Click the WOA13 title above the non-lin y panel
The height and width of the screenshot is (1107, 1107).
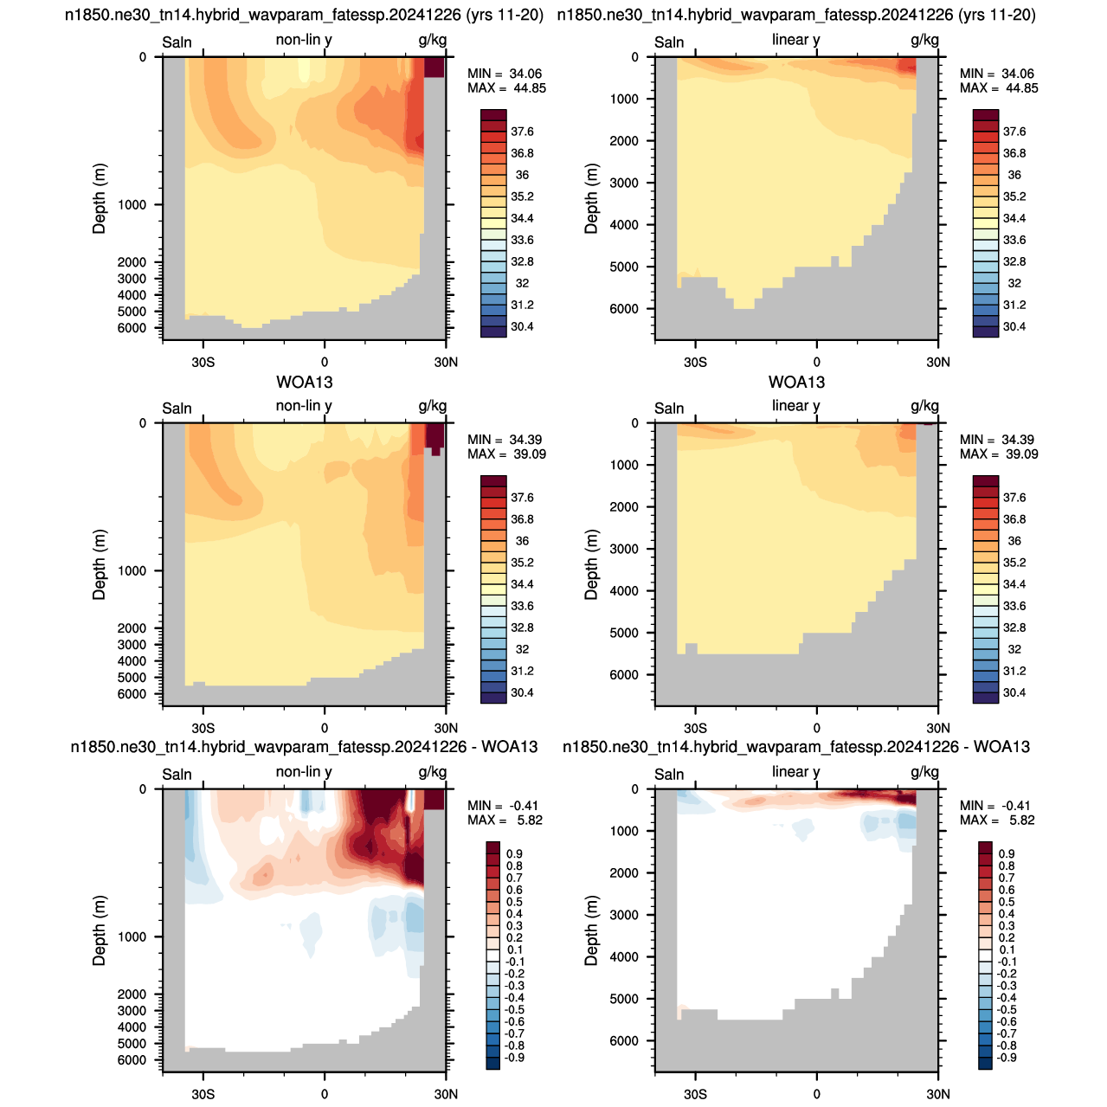coord(304,382)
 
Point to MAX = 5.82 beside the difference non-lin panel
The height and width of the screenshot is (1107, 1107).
coord(505,821)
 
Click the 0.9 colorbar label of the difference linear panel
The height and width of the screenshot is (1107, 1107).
coord(1007,853)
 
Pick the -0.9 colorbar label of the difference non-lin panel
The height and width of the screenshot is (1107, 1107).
coord(514,1058)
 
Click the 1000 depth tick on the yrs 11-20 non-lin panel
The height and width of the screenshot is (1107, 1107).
coord(132,205)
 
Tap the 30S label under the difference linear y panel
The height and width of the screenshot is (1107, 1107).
coord(695,1094)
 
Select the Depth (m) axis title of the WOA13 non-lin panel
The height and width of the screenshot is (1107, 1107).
coord(99,564)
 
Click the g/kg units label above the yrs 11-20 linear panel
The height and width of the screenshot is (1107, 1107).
coord(924,40)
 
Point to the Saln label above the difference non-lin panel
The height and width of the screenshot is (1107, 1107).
coord(177,775)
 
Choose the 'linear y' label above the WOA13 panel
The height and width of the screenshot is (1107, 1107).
coord(795,406)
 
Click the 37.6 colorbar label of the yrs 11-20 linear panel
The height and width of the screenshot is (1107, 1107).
coord(1014,132)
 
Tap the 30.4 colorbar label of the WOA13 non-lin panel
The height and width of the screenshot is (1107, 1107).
coord(522,692)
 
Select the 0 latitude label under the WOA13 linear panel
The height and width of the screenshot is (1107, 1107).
coord(816,729)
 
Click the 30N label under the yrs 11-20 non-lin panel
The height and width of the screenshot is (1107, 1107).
coord(446,362)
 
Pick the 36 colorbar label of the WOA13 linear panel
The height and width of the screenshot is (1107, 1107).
coord(1014,541)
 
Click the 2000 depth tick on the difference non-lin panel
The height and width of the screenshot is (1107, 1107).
coord(132,994)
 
